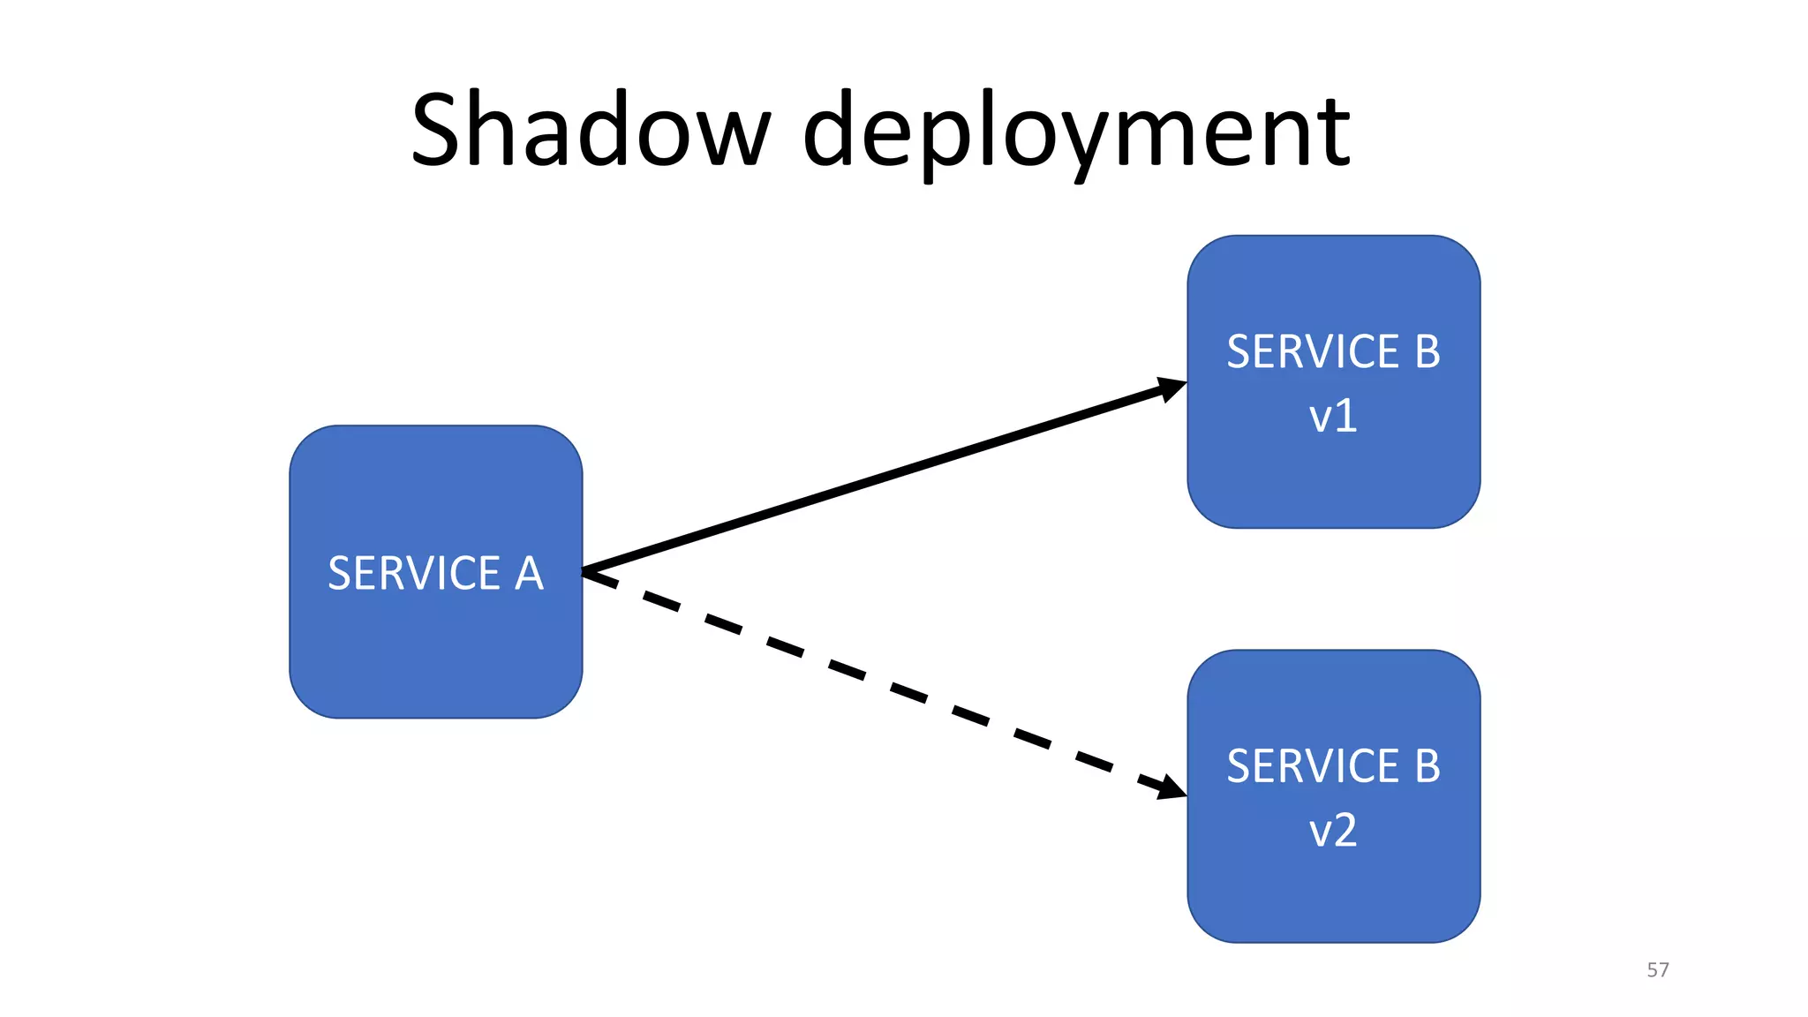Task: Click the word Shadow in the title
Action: [590, 131]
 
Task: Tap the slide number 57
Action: [1657, 969]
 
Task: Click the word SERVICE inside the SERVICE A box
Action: [414, 573]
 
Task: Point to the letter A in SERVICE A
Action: [528, 573]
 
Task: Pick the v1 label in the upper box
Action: [1332, 416]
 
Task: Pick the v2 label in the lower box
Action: [1332, 831]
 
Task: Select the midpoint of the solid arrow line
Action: [883, 477]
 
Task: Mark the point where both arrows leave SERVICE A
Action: [585, 572]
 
